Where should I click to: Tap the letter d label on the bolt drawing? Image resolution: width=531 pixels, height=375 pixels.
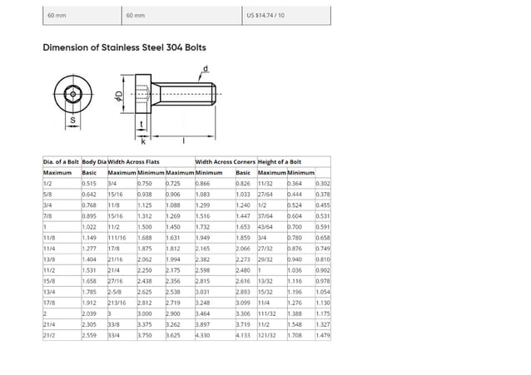coord(206,67)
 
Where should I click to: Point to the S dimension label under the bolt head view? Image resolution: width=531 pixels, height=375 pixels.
coord(72,121)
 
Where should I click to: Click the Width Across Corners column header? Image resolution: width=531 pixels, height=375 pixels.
coord(225,160)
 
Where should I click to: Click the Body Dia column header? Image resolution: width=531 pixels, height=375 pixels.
coord(94,160)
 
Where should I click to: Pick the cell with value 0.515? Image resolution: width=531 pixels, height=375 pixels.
coord(90,183)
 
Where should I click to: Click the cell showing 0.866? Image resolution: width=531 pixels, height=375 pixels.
coord(202,183)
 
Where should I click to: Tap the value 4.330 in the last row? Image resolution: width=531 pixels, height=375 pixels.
coord(202,334)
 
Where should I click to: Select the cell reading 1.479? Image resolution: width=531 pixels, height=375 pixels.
coord(323,334)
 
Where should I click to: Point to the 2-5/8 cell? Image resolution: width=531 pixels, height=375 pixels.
coord(116,291)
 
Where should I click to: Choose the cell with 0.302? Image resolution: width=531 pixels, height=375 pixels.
coord(323,183)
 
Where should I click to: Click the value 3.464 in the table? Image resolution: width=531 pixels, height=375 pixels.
coord(202,313)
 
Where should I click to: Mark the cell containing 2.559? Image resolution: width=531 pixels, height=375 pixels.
coord(90,334)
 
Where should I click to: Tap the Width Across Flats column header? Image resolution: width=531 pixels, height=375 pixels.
coord(133,160)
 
